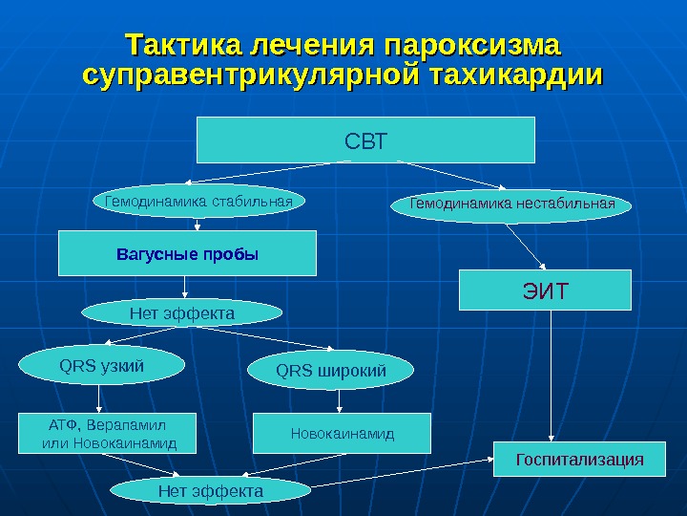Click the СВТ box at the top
point(365,140)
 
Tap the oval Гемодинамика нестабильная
point(511,204)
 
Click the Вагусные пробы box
point(187,254)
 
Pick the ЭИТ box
point(545,290)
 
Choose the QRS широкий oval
point(331,370)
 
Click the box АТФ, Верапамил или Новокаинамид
point(110,433)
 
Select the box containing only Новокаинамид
point(342,433)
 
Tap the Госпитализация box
point(579,460)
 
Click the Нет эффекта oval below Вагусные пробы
point(181,312)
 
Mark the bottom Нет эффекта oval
point(210,490)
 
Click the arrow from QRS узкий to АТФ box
point(99,398)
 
